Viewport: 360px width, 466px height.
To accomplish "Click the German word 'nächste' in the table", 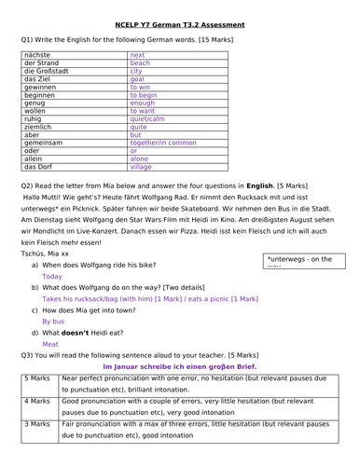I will (x=37, y=55).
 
